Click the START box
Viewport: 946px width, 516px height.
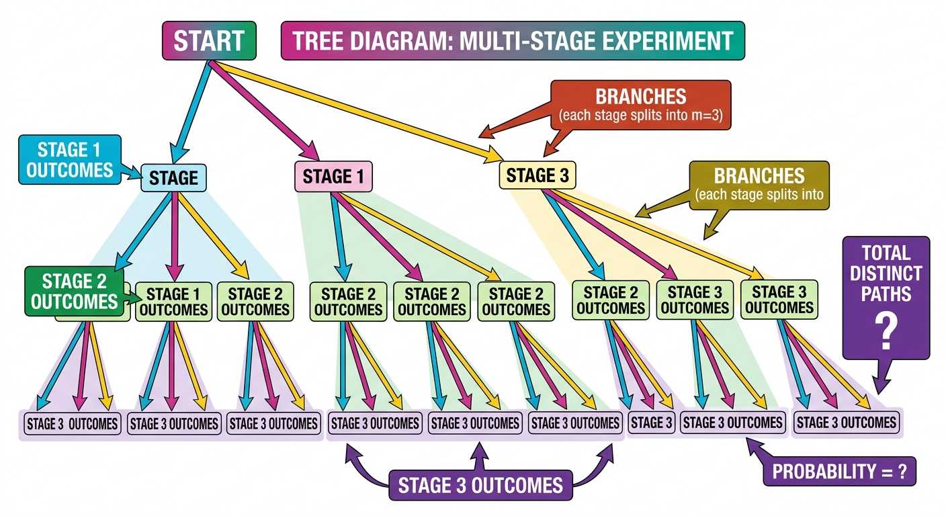coord(209,40)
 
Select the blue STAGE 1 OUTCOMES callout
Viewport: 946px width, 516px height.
coord(70,160)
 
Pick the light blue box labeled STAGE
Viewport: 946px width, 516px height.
coord(173,178)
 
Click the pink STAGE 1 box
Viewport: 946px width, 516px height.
coord(333,177)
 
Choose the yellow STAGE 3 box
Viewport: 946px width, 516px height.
coord(537,175)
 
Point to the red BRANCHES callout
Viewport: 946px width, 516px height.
coord(641,105)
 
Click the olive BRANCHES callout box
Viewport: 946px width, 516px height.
coord(759,185)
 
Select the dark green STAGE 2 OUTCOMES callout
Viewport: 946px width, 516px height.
coord(74,292)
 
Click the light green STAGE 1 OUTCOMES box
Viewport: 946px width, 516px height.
coord(173,302)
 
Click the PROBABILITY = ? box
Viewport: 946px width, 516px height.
coord(840,471)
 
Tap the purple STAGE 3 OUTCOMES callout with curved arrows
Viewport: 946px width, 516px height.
coord(480,485)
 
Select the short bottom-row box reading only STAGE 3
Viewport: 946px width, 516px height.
coord(651,422)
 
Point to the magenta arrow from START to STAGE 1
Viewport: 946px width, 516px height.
coord(264,111)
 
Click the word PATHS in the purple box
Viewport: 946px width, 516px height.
coord(886,294)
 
